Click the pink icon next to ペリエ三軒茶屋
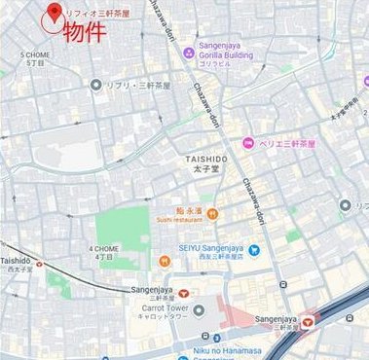249,144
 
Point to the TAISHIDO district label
207,160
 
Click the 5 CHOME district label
36,58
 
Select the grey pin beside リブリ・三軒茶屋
95,86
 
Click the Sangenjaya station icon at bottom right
310,318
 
